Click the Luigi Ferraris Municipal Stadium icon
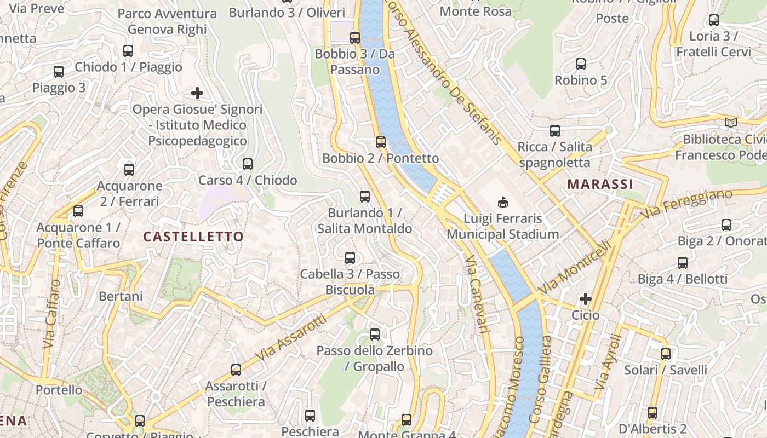point(502,203)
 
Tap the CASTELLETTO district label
point(193,237)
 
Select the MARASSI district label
point(600,184)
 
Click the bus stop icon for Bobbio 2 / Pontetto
point(381,142)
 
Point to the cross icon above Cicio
point(586,299)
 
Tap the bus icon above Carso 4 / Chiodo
point(248,164)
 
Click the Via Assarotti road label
point(290,338)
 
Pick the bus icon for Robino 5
point(581,64)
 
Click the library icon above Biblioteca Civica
point(731,123)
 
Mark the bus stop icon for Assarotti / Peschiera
point(236,370)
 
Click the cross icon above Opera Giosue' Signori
point(197,93)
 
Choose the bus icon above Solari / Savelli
point(666,354)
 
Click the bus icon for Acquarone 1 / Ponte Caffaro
point(78,211)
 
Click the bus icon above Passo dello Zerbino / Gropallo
point(375,334)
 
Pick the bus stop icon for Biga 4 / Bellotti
point(683,263)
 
